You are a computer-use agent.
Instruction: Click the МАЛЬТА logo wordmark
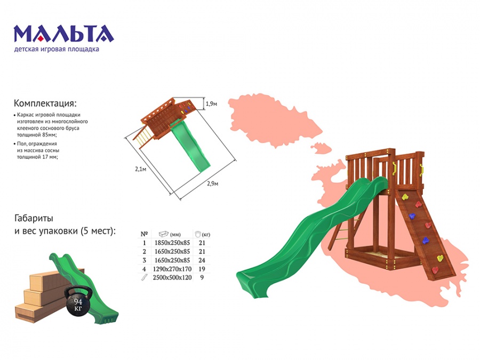coord(63,34)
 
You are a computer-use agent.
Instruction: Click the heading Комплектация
coord(45,103)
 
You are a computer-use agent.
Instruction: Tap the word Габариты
coord(34,218)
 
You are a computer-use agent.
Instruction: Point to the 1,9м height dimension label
coord(212,104)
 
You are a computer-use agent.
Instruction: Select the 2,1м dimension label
coord(140,169)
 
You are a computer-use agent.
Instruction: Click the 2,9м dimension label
coord(212,183)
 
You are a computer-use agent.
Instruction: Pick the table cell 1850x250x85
coord(172,243)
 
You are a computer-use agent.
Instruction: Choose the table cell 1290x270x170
coord(172,269)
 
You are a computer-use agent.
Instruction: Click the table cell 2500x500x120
coord(172,277)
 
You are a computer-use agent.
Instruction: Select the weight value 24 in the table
coord(202,260)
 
